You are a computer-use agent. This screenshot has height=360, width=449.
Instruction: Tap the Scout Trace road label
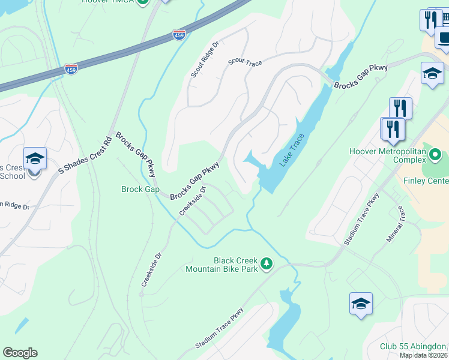pos(245,61)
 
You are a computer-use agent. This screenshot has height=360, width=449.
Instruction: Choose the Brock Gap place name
pos(140,190)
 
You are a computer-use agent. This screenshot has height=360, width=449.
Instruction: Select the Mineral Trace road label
pos(393,224)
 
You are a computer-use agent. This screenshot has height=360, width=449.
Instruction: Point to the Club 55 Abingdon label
pos(413,346)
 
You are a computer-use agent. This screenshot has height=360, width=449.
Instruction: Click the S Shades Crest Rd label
pos(86,155)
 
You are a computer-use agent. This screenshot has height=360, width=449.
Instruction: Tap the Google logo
pos(20,353)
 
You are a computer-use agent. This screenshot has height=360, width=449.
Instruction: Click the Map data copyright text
pos(424,355)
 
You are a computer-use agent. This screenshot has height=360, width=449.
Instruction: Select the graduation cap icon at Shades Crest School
pos(35,159)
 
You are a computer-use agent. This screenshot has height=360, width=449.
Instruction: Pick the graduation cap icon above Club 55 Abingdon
pos(361,304)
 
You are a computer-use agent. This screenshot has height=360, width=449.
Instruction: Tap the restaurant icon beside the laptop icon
pos(431,20)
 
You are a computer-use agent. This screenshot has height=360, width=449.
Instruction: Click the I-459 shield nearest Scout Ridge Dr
pos(179,35)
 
